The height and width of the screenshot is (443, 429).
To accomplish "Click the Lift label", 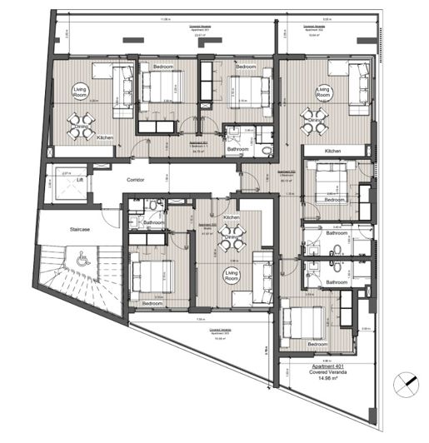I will click(80, 179).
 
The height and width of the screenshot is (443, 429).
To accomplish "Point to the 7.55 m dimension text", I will click(200, 320).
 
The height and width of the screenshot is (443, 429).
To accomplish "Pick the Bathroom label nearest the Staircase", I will click(152, 222).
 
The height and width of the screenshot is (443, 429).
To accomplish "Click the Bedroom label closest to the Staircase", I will click(152, 304).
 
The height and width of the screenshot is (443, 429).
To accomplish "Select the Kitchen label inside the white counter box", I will click(333, 151).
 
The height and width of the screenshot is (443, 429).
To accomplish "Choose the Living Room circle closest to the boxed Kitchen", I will click(322, 91).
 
